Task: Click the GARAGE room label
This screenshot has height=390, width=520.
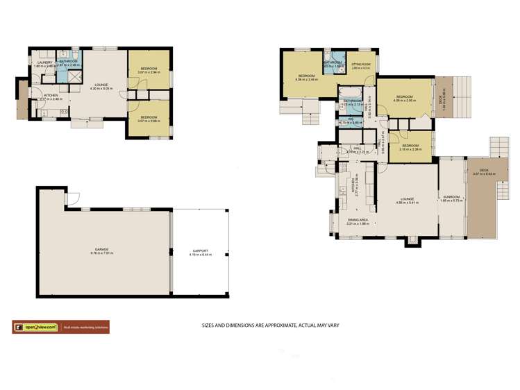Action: (102, 248)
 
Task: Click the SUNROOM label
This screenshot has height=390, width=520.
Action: (452, 197)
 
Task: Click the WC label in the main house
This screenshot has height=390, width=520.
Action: (352, 119)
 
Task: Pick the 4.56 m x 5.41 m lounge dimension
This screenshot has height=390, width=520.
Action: (406, 203)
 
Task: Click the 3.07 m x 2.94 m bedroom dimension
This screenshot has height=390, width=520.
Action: (148, 71)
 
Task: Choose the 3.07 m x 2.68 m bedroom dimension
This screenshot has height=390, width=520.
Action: (148, 121)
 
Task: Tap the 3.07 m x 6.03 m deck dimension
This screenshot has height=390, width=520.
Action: (482, 174)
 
